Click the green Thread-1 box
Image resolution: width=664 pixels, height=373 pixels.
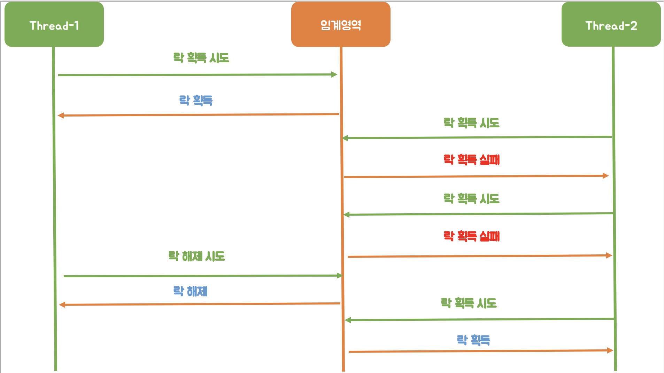(54, 24)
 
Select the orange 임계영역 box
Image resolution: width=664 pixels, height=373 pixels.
(341, 24)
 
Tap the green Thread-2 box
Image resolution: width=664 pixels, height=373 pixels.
(611, 24)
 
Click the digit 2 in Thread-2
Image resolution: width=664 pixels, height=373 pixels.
(633, 26)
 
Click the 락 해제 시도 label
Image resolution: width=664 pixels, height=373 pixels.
(197, 256)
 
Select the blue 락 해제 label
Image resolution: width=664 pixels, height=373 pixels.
(191, 291)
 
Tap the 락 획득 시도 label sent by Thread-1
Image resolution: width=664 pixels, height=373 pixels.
(201, 58)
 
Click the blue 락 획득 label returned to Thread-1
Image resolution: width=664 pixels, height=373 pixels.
(196, 101)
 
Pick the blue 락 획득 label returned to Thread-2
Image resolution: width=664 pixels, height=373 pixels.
(473, 340)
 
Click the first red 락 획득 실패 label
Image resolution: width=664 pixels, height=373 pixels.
(472, 160)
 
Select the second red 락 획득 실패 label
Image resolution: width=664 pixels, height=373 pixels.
(472, 236)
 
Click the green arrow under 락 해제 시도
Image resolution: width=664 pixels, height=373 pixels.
(202, 276)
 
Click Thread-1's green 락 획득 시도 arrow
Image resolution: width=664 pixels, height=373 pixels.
(197, 74)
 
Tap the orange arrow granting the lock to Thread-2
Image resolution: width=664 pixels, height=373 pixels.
(481, 351)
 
